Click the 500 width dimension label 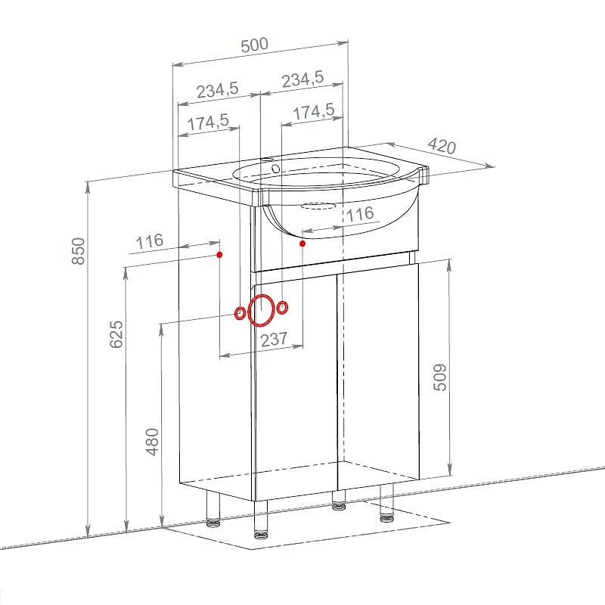(x=254, y=45)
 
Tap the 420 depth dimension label (x=442, y=145)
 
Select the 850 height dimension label (x=79, y=251)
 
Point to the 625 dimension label (x=116, y=334)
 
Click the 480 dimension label (x=153, y=442)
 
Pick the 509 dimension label (x=440, y=377)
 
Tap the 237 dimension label (x=274, y=340)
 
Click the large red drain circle (x=262, y=310)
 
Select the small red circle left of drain (x=240, y=313)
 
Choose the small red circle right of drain (x=282, y=308)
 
